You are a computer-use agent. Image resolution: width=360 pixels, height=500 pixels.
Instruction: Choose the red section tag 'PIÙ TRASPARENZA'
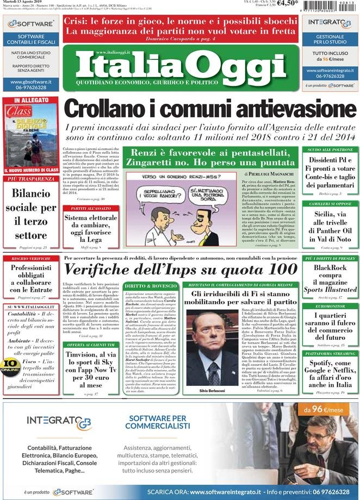[x=31, y=179]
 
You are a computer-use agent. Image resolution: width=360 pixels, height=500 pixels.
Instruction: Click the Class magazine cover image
[x=31, y=136]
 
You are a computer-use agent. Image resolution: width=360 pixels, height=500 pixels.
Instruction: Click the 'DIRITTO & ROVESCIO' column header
[x=150, y=286]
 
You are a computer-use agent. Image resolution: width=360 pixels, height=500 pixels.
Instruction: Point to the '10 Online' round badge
[x=10, y=365]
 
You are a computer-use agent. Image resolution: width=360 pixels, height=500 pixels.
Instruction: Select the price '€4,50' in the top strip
[x=287, y=4]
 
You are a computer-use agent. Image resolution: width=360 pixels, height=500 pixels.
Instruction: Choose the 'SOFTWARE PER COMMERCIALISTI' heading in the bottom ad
[x=157, y=422]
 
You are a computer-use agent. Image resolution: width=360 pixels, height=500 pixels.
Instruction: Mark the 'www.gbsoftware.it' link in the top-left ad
[x=31, y=82]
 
